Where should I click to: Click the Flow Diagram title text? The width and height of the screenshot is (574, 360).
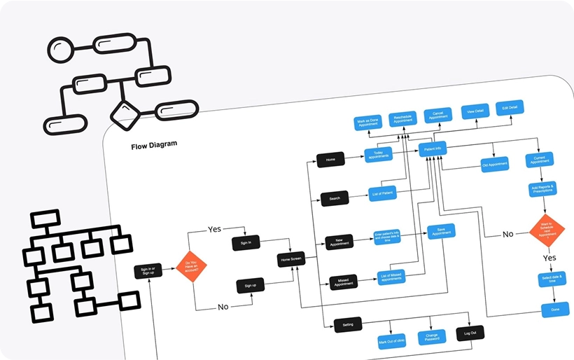154,145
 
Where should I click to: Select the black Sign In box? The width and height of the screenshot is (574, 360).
246,243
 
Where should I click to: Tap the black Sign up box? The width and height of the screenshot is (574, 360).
250,286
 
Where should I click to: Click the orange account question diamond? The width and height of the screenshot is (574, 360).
191,267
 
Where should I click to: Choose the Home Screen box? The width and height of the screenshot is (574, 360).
291,260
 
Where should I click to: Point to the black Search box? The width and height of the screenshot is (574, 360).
335,198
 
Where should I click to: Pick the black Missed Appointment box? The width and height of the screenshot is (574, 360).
343,282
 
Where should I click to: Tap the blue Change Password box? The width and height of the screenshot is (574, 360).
432,338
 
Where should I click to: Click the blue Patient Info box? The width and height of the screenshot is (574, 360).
433,149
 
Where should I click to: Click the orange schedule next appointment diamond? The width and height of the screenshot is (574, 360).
547,230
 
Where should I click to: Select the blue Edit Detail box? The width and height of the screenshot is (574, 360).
510,109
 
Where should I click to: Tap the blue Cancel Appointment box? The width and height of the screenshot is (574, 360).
439,116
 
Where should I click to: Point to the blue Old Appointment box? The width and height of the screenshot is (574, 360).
494,165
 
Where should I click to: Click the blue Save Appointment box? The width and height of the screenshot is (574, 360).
441,232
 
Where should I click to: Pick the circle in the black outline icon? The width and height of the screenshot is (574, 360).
59,50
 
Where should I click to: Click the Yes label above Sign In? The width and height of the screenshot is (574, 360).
215,229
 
